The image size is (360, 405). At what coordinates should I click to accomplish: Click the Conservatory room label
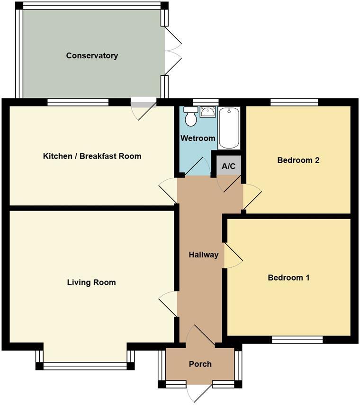coord(92,56)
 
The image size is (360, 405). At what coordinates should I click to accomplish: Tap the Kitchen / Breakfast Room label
coord(92,156)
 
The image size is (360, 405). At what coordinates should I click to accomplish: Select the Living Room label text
coord(91,283)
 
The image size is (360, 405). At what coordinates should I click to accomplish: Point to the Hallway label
coord(204,255)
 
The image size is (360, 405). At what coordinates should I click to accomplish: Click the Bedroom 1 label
coord(288,278)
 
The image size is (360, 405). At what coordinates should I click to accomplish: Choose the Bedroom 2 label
coord(298,160)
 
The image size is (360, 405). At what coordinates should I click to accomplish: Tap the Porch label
coord(200,364)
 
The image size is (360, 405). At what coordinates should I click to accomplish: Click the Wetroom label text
coord(198,139)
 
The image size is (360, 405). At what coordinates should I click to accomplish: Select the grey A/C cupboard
coord(229,166)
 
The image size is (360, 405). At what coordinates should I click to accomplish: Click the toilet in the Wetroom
coord(191,116)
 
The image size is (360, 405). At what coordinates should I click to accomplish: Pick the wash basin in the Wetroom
coord(207,112)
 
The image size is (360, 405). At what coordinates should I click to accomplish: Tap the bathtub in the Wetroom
coord(229,128)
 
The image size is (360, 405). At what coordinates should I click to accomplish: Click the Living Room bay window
coord(85,365)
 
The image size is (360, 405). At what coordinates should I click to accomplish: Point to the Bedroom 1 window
coord(297,339)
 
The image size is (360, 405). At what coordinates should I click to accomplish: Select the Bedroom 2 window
coord(294,102)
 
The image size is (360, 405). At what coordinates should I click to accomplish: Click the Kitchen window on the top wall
coord(78,102)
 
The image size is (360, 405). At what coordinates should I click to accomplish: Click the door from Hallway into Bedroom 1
coord(232,256)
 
